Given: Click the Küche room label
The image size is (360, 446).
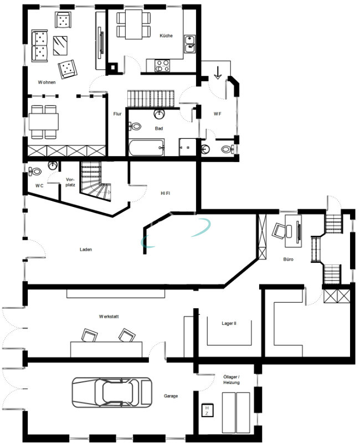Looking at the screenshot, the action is tap(166, 35).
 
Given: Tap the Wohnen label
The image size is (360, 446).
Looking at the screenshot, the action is tap(47, 82).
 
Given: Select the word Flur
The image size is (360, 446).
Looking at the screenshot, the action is tap(117, 114).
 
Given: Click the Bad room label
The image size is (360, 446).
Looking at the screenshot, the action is tap(159, 128).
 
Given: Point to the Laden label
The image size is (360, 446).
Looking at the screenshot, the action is tap(86, 250).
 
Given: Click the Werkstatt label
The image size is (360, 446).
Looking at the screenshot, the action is tap(109, 317).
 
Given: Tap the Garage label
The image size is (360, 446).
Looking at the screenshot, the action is tap(171, 396).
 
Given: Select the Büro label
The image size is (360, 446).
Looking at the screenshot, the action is tap(289, 259).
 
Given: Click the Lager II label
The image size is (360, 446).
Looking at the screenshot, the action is tap(229, 323).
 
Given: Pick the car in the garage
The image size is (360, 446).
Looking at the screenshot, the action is tap(112, 392).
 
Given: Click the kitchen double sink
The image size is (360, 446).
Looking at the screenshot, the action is tap(189, 44).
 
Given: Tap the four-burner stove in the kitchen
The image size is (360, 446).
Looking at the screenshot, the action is tap(162, 65).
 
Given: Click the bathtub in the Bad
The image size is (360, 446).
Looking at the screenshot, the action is tap(147, 147).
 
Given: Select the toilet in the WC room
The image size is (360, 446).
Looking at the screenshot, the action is tap(35, 172).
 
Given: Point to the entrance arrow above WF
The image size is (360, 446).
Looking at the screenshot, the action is tap(218, 72).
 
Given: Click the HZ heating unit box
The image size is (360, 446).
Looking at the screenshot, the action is tap(207, 410).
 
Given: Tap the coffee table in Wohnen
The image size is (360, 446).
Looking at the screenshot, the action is tap(60, 45).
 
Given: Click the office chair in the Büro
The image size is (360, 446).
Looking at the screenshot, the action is tap(279, 231).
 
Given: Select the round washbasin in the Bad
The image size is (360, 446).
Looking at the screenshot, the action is tap(159, 114).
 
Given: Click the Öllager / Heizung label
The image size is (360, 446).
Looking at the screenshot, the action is tap(232, 380).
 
